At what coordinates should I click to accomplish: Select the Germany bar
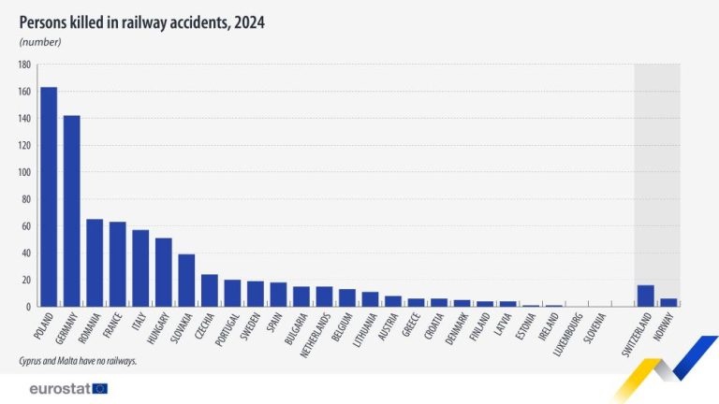[71, 210]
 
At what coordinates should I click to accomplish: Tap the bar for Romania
[95, 263]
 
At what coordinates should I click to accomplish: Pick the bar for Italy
[140, 268]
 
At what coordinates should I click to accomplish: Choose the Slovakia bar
[186, 281]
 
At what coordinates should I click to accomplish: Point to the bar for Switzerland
[645, 296]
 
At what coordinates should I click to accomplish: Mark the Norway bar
[668, 302]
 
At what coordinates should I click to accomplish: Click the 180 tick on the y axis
[24, 65]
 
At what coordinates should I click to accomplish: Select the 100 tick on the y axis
[24, 173]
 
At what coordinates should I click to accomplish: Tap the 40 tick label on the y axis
[26, 253]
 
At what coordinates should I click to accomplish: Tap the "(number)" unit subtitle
[40, 42]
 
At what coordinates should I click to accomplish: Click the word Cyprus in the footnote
[33, 360]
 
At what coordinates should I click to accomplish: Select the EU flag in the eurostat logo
[100, 388]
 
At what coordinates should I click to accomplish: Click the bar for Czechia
[210, 290]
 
